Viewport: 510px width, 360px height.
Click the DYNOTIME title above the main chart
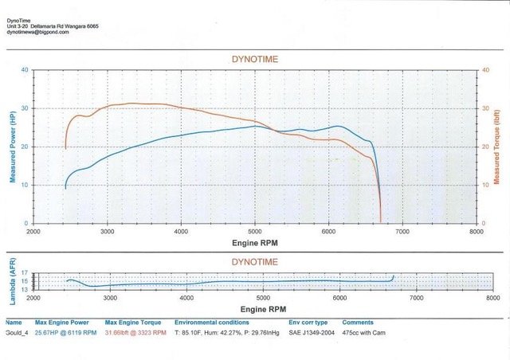tap(255, 60)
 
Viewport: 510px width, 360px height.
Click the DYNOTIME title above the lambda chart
tap(255, 260)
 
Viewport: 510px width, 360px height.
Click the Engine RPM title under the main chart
tap(255, 241)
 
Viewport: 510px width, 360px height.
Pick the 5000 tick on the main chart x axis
tap(255, 230)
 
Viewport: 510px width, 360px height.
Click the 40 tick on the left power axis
tap(25, 70)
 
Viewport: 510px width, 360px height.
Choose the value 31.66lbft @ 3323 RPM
tap(136, 333)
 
